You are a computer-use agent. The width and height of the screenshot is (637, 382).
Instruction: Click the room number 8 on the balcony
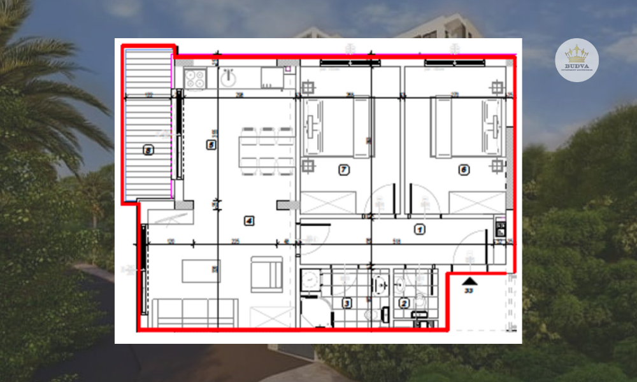(x=148, y=151)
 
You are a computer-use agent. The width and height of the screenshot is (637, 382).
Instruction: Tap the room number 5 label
(x=211, y=145)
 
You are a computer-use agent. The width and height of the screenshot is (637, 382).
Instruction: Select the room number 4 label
(x=249, y=221)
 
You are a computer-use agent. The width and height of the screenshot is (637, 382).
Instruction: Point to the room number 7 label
(x=344, y=170)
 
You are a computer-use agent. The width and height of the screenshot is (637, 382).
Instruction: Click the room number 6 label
(x=464, y=170)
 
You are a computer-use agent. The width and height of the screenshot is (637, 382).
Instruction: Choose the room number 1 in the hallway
(x=419, y=229)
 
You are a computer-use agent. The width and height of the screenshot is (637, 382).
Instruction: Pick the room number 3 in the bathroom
(x=347, y=303)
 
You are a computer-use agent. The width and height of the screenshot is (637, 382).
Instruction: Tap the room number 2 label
(x=404, y=303)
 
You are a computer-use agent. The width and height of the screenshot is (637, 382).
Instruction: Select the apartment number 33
(x=469, y=292)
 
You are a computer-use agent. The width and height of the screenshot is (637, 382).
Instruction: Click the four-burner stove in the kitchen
(x=194, y=79)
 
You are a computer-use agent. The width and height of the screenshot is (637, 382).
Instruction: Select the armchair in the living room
(x=266, y=274)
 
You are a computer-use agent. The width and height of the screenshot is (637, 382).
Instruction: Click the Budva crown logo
(x=576, y=60)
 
